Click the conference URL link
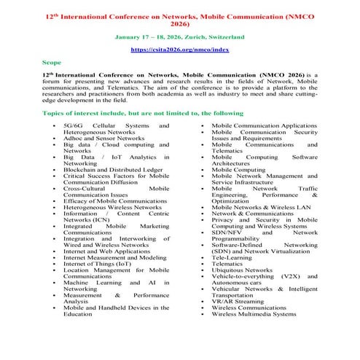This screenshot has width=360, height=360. tap(179, 50)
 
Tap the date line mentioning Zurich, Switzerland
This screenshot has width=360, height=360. tap(179, 36)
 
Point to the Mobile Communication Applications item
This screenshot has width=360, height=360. tap(264, 126)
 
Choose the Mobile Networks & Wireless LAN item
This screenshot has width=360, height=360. tap(259, 206)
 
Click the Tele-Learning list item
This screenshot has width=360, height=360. tap(234, 257)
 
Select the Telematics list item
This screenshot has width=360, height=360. tap(230, 264)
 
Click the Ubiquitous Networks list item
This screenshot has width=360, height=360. tap(242, 270)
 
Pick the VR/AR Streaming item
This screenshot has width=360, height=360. tap(238, 301)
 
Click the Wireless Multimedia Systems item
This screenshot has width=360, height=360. tap(254, 314)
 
